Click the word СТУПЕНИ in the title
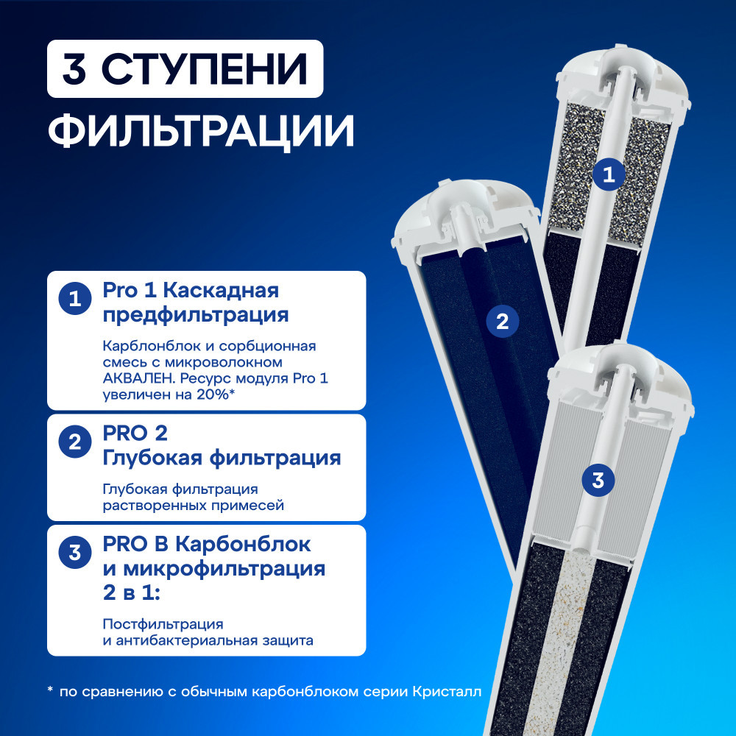pyautogui.click(x=204, y=69)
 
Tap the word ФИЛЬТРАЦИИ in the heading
pyautogui.click(x=201, y=130)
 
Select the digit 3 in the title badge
pyautogui.click(x=74, y=69)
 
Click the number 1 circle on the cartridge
pyautogui.click(x=609, y=174)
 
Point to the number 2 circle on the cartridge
pyautogui.click(x=502, y=322)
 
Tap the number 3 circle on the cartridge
pyautogui.click(x=598, y=480)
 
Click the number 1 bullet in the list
pyautogui.click(x=75, y=299)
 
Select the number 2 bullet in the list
pyautogui.click(x=75, y=442)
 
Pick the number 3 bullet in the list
pyautogui.click(x=75, y=553)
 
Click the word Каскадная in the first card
pyautogui.click(x=221, y=291)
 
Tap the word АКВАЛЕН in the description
pyautogui.click(x=139, y=378)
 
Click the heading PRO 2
pyautogui.click(x=135, y=434)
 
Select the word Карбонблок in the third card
pyautogui.click(x=243, y=545)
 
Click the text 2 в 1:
pyautogui.click(x=132, y=592)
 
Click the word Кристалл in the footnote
pyautogui.click(x=447, y=692)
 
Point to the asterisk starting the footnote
pyautogui.click(x=50, y=690)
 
